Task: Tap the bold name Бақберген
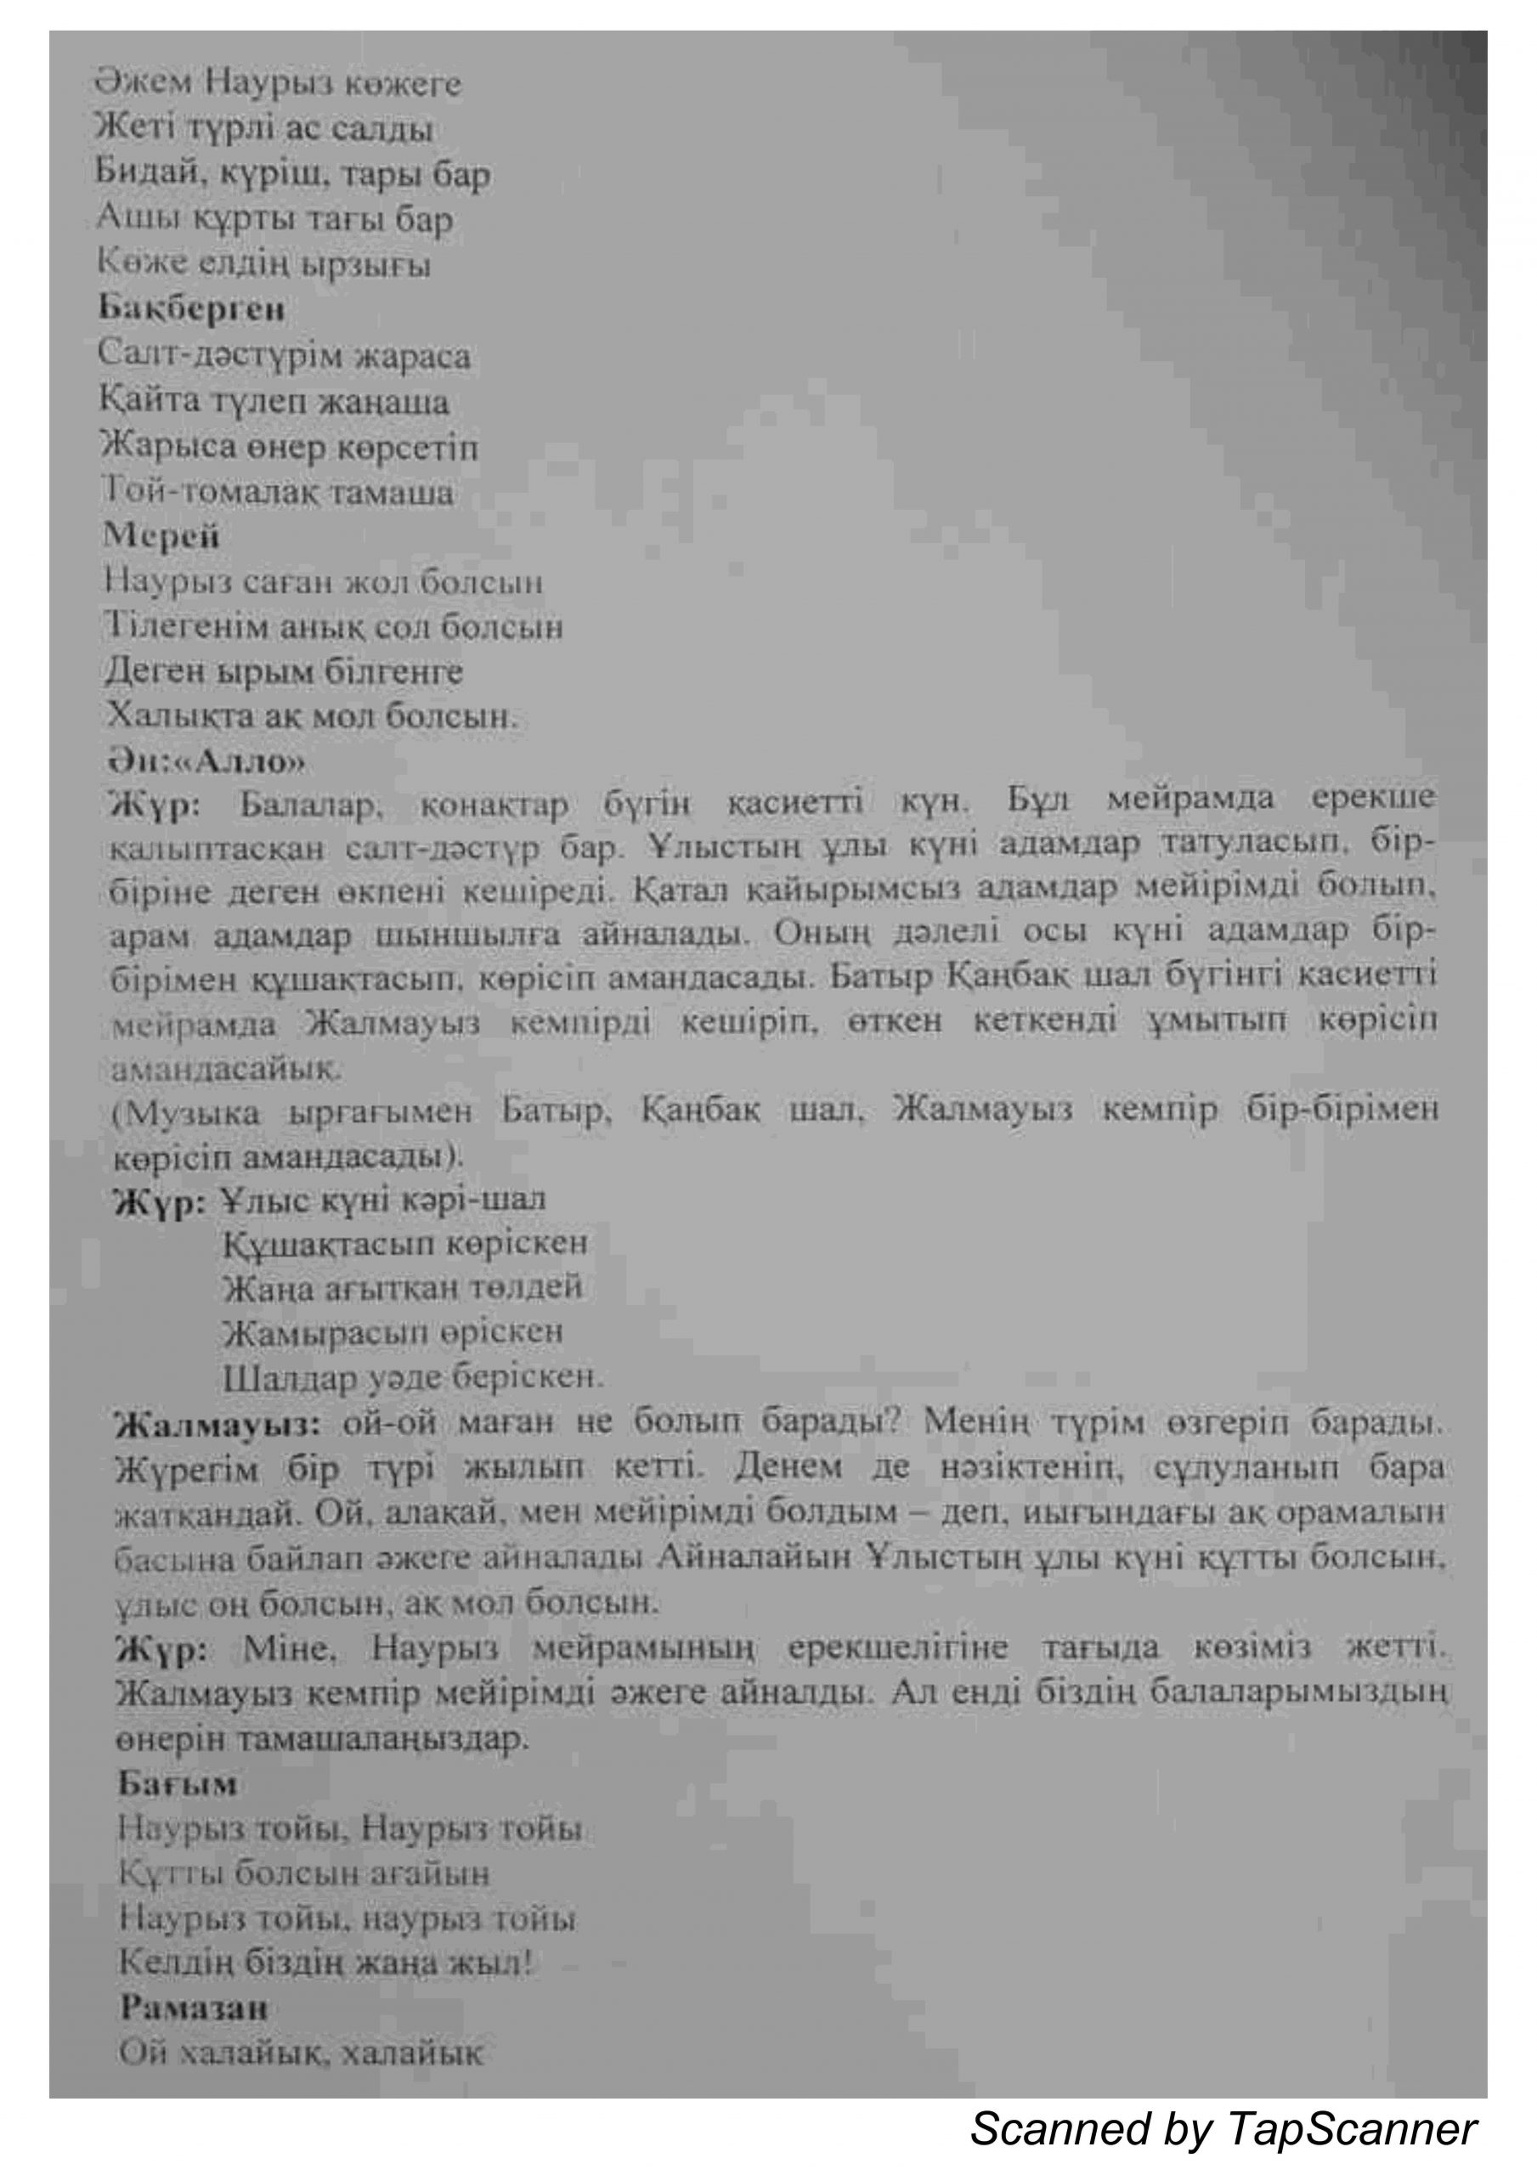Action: click(x=191, y=308)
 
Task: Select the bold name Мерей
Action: click(x=162, y=536)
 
